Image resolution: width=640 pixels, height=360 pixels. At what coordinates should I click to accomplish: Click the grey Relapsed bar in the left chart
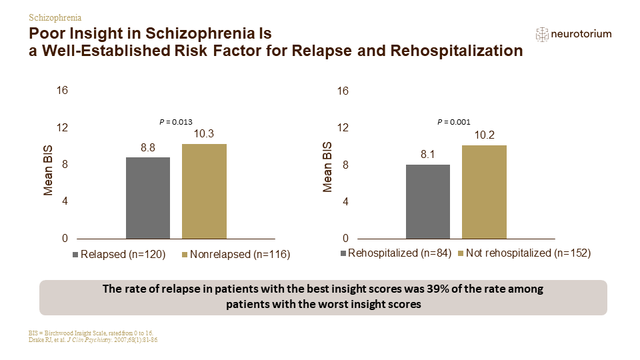point(148,198)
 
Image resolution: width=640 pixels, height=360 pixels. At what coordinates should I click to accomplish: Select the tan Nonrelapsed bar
point(204,191)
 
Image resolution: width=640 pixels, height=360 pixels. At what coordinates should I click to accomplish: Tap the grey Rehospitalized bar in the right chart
point(428,201)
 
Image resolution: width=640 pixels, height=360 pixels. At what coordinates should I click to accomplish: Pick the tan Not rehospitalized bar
point(484,192)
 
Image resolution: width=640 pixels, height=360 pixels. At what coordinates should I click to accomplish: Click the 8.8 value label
point(148,148)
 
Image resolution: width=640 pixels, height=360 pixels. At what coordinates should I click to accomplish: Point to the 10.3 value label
point(204,134)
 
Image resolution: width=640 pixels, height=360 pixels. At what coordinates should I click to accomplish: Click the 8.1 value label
point(428,154)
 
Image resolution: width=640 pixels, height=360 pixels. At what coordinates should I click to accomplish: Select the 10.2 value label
point(485,135)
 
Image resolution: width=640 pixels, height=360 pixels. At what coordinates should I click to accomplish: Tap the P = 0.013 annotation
point(175,122)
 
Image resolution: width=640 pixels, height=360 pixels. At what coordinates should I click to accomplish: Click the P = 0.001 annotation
point(454,122)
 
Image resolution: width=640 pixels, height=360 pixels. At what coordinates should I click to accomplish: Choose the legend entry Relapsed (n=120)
point(119,254)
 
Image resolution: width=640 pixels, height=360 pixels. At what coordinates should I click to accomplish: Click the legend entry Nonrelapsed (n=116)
point(236,254)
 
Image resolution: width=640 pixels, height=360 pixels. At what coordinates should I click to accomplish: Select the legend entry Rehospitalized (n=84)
point(396,253)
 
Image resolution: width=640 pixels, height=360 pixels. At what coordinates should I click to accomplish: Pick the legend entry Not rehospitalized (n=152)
point(525,253)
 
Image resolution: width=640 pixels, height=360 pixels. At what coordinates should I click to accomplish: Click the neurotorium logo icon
point(542,34)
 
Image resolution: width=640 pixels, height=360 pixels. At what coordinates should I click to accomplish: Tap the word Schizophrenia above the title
point(55,17)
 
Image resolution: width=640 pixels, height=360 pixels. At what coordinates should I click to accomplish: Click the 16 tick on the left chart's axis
point(62,90)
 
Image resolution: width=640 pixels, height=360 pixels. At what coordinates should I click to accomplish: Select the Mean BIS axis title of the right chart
point(327,167)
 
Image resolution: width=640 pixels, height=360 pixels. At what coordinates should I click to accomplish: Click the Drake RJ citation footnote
point(93,339)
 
